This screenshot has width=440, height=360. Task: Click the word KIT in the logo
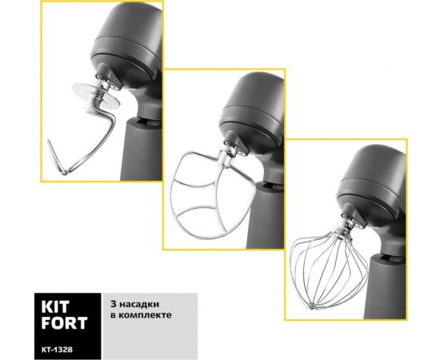(x=55, y=307)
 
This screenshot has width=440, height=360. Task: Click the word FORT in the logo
(x=64, y=323)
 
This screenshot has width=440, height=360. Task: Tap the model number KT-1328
(x=57, y=350)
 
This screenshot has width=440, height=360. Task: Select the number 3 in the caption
(x=114, y=304)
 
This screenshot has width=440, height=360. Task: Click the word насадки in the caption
(x=138, y=305)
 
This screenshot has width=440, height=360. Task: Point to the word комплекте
(x=145, y=315)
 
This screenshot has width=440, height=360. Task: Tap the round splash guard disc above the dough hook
(x=96, y=95)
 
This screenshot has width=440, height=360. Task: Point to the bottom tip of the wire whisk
(x=311, y=306)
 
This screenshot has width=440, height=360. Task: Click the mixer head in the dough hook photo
(x=127, y=45)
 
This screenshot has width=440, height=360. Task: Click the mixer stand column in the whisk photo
(x=388, y=286)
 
